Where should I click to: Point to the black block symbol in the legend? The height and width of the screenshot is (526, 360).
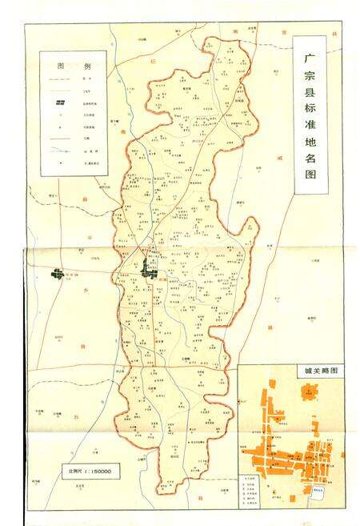[x=59, y=104]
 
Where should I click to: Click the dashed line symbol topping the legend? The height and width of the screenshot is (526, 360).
[x=59, y=80]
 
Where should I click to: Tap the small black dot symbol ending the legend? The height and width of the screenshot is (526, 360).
[x=59, y=164]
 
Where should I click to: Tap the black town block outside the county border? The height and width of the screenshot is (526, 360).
[x=58, y=275]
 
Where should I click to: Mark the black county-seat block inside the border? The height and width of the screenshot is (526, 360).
[x=147, y=268]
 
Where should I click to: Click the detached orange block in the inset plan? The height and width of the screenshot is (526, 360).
[x=308, y=392]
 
